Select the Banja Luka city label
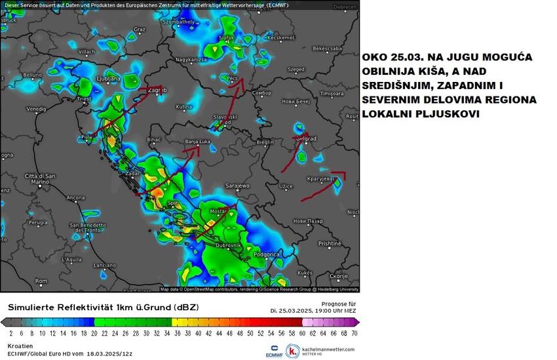197,140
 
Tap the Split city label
173,203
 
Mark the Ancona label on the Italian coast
75,197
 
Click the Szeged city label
297,69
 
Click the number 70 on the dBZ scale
354,333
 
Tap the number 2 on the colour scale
12,333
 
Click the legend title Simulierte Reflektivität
66,307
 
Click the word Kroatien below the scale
19,345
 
